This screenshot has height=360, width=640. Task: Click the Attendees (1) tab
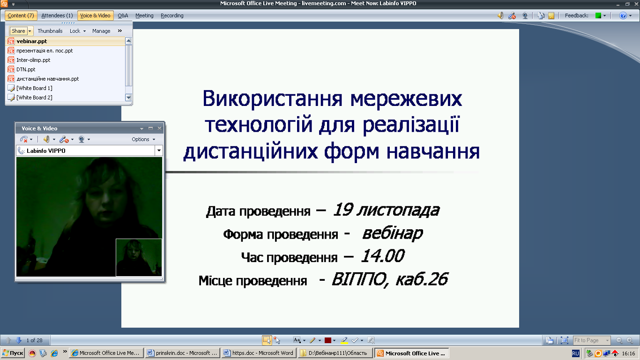(57, 15)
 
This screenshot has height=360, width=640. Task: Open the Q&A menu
(123, 15)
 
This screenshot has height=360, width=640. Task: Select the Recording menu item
(172, 15)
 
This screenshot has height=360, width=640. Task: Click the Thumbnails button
(50, 31)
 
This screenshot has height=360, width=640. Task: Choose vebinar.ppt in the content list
(32, 41)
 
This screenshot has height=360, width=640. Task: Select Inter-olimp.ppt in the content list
(33, 60)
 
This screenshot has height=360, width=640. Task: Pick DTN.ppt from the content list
(26, 69)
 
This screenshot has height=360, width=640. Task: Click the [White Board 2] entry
(34, 97)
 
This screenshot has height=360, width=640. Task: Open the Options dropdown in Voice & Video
(143, 139)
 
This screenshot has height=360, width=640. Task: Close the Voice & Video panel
(159, 128)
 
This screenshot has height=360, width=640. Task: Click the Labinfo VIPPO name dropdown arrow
(159, 150)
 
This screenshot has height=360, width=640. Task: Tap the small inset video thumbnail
(139, 257)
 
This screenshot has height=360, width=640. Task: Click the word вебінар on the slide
(392, 233)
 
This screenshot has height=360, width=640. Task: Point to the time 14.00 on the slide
(383, 255)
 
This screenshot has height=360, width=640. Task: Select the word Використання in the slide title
(272, 98)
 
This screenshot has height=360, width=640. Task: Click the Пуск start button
(13, 353)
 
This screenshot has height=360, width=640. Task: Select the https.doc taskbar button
(259, 353)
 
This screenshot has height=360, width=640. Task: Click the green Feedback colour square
(598, 15)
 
